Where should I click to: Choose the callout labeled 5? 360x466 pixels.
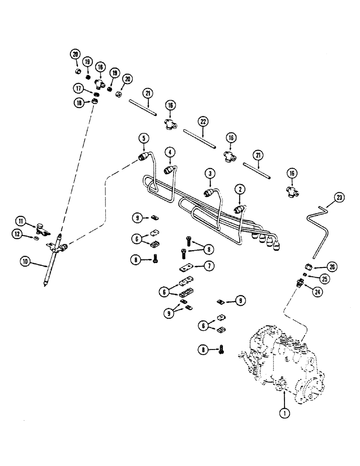145,138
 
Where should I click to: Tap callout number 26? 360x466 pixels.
332,267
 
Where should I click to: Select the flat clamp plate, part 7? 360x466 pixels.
188,268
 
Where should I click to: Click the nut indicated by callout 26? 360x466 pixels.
308,267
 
